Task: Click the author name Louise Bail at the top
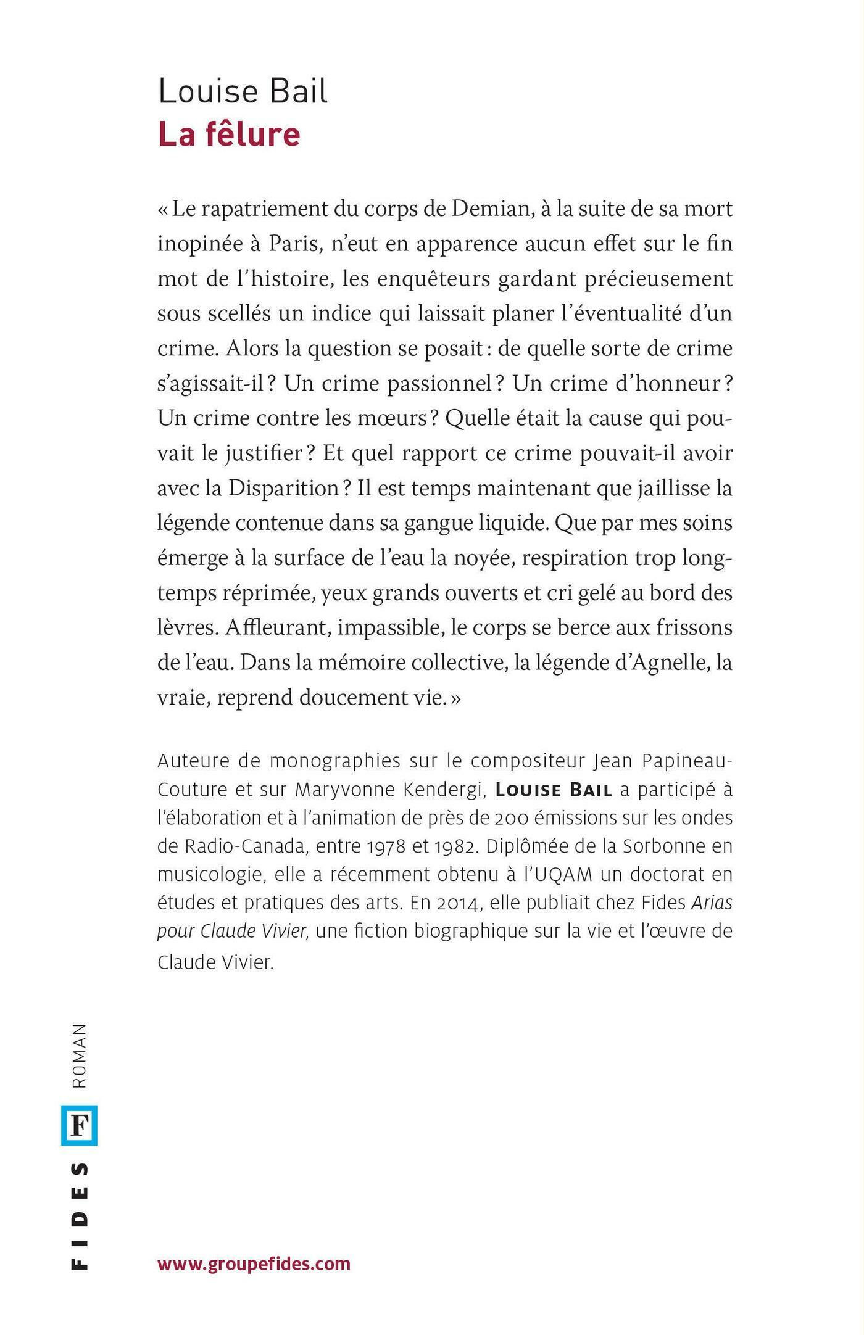[x=243, y=91]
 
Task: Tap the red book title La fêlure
[x=229, y=134]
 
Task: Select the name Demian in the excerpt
[x=492, y=209]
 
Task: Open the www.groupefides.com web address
[x=254, y=1264]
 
